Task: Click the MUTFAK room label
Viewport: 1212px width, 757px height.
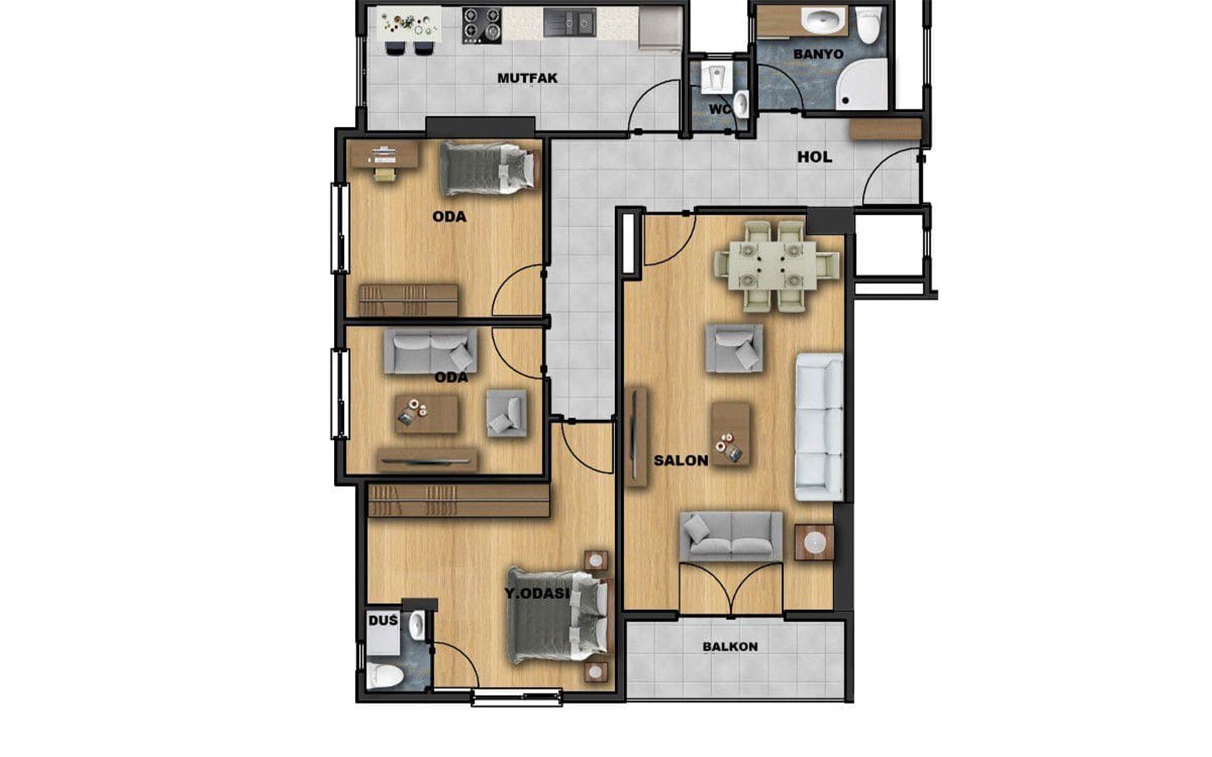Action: [x=527, y=79]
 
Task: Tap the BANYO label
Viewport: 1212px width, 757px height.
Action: [x=818, y=54]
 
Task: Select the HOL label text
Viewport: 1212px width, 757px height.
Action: [x=814, y=157]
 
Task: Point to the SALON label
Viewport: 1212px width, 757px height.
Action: [x=681, y=461]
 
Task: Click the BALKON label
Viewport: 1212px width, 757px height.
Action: [x=730, y=646]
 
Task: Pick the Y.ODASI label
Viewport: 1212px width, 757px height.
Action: [x=537, y=593]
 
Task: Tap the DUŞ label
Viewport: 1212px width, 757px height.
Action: [x=383, y=620]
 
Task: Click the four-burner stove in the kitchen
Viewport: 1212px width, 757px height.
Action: [x=482, y=26]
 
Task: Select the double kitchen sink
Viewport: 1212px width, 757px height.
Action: [x=569, y=23]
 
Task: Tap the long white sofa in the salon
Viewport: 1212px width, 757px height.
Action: [x=819, y=427]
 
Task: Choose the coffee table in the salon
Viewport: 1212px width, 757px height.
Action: [x=730, y=433]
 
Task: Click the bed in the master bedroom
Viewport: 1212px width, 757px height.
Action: [x=558, y=616]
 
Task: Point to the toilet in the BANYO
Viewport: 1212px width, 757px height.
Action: [x=868, y=24]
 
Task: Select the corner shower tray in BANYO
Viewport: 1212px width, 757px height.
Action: [x=862, y=84]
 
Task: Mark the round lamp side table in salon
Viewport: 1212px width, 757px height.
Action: [x=814, y=542]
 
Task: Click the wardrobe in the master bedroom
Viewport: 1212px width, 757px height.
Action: [x=458, y=500]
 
